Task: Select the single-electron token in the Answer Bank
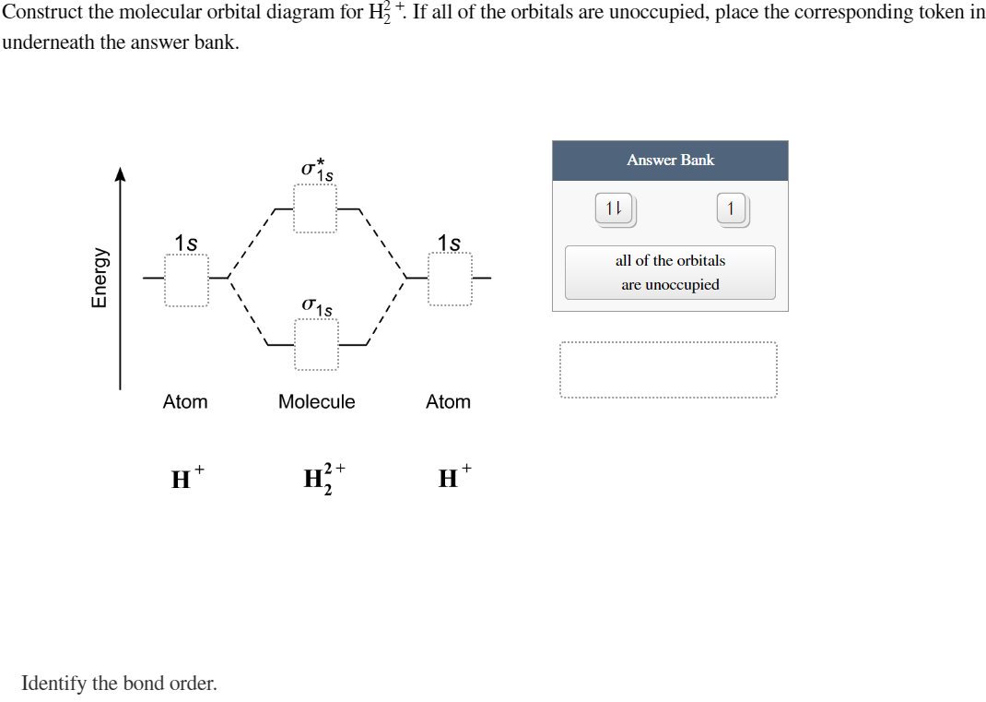731,208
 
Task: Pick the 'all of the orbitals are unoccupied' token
670,272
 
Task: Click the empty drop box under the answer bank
667,370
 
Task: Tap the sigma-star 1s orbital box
315,208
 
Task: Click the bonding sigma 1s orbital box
316,344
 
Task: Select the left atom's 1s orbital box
187,279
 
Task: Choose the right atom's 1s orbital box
450,279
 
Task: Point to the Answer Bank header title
670,160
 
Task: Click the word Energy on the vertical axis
98,277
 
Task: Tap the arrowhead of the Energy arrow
120,173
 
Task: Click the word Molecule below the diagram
316,401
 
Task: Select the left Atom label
185,401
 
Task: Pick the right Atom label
448,401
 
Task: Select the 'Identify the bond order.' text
119,684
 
